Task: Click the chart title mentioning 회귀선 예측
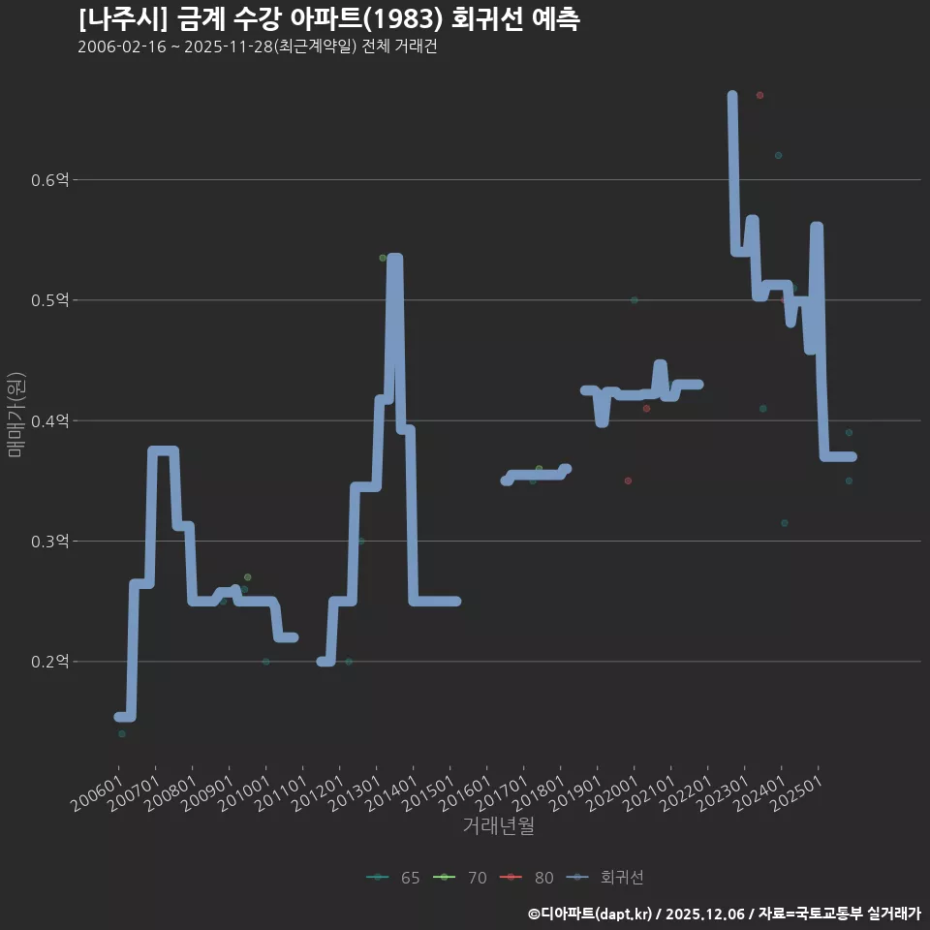point(328,19)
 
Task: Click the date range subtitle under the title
point(257,47)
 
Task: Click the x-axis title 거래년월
point(498,826)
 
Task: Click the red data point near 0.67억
point(759,95)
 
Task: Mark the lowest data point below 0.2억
point(121,733)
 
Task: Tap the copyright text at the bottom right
point(724,913)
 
